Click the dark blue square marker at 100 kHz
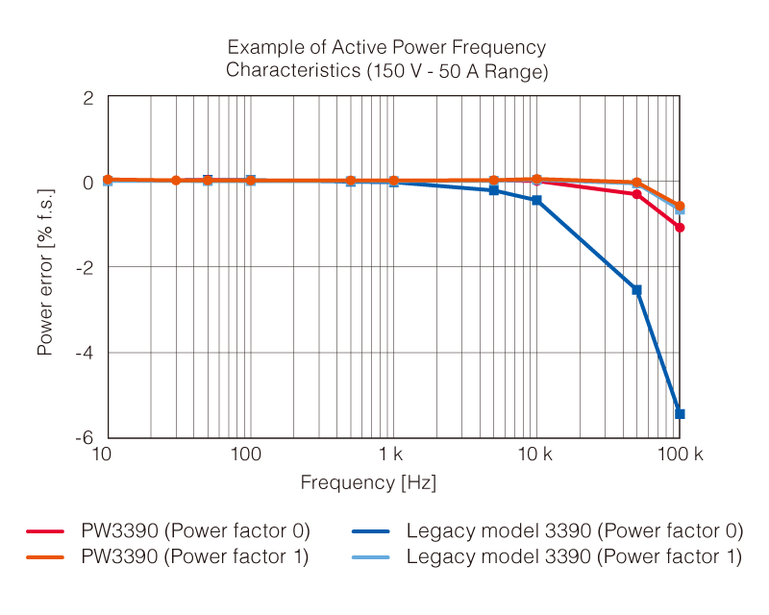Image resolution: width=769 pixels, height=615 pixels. (680, 413)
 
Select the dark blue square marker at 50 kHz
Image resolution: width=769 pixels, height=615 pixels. (636, 290)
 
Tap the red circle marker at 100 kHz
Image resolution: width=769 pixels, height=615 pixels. (680, 228)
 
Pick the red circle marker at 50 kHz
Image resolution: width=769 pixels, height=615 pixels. (636, 194)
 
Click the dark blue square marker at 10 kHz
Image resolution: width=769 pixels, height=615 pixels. (536, 200)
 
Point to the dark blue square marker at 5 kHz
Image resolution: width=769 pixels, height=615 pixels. (493, 190)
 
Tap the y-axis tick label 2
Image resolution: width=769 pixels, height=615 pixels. (88, 98)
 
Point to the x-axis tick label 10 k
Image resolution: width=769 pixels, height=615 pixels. (534, 454)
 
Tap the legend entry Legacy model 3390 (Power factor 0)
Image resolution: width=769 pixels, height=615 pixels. (574, 530)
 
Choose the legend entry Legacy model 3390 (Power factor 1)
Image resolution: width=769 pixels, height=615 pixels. (574, 556)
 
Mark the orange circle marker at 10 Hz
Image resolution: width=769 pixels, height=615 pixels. (108, 180)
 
